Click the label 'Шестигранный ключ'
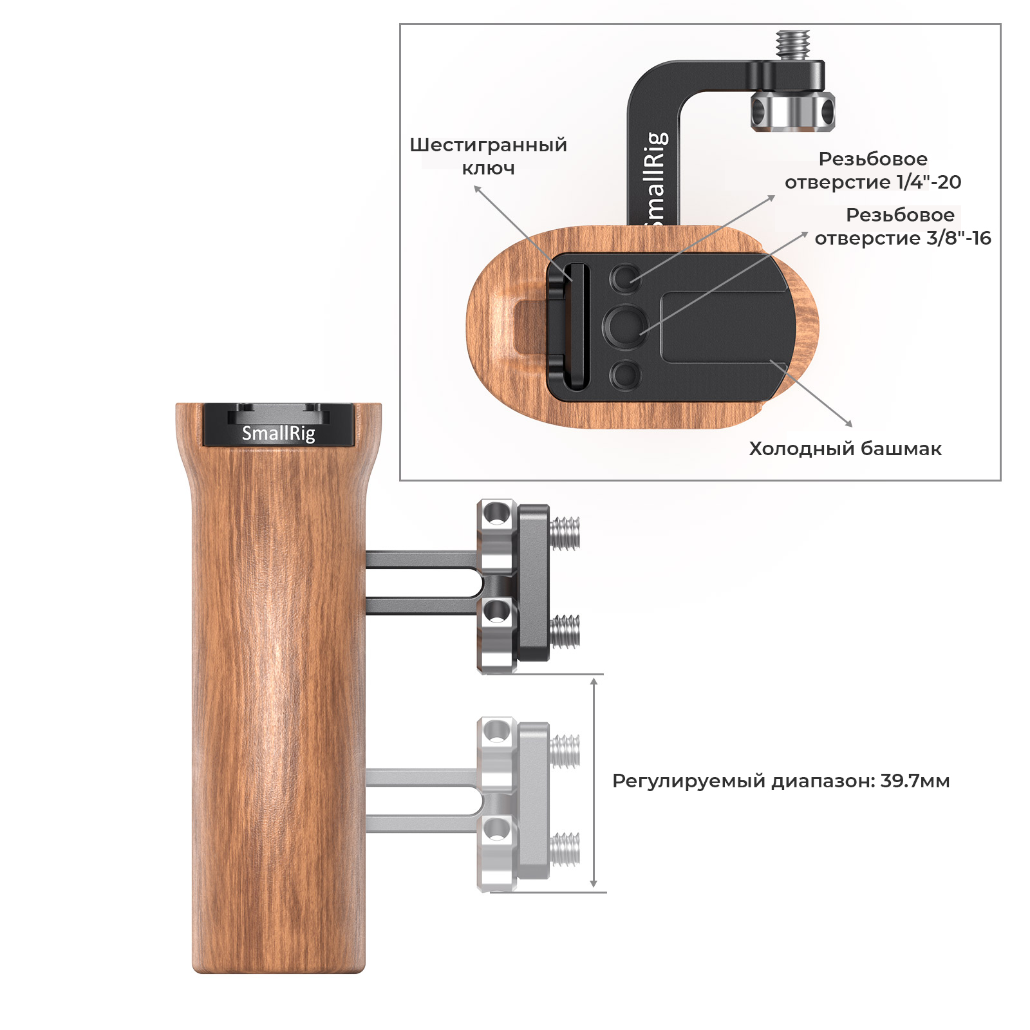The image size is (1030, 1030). click(488, 156)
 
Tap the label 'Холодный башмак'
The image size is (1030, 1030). click(845, 449)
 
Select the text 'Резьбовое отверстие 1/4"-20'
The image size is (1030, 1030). click(873, 171)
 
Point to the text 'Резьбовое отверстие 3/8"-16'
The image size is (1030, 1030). click(903, 227)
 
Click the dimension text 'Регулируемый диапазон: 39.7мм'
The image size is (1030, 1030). click(781, 781)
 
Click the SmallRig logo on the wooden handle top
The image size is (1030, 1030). click(278, 433)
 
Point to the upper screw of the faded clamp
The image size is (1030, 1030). click(565, 751)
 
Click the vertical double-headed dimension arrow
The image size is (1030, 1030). click(594, 783)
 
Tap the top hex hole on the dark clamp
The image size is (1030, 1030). click(496, 514)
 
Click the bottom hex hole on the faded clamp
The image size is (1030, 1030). click(496, 830)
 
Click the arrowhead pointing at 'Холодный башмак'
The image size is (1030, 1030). click(848, 423)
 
